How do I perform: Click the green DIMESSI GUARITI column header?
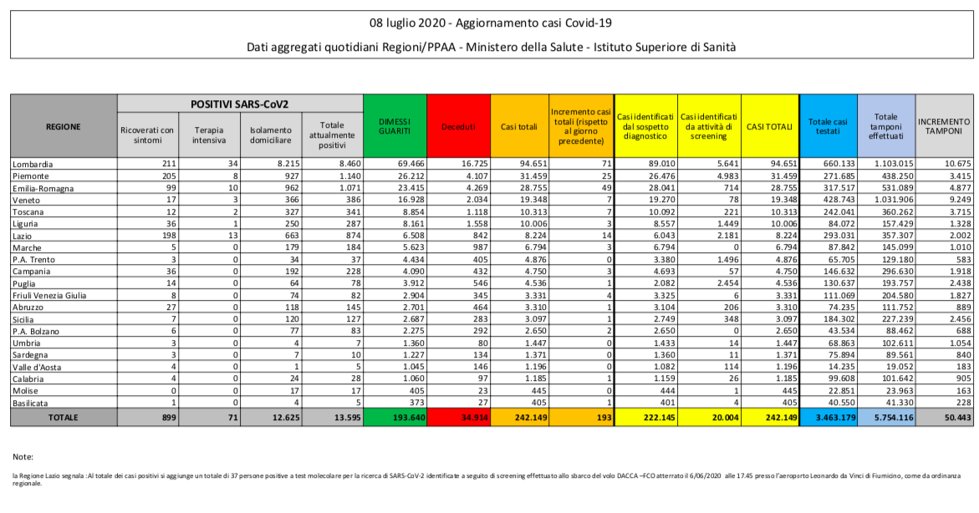(x=395, y=126)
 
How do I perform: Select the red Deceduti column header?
(x=458, y=127)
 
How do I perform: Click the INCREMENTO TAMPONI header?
(x=944, y=126)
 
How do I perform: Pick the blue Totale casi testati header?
(x=828, y=126)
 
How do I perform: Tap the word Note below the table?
(x=23, y=457)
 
